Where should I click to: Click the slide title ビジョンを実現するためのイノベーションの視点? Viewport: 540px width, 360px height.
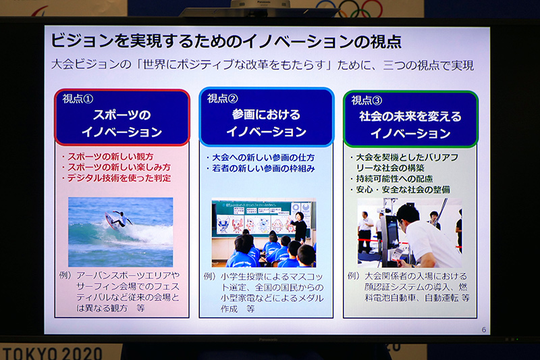point(226,42)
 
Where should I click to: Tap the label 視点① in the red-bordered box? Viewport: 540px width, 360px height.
point(78,99)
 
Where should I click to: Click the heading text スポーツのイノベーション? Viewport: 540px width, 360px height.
point(122,123)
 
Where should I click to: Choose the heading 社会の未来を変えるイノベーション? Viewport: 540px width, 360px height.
point(410,124)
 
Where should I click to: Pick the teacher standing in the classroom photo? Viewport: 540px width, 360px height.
point(298,226)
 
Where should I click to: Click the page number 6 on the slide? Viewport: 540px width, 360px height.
point(484,330)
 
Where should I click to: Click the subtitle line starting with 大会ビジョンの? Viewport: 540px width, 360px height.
point(263,66)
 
